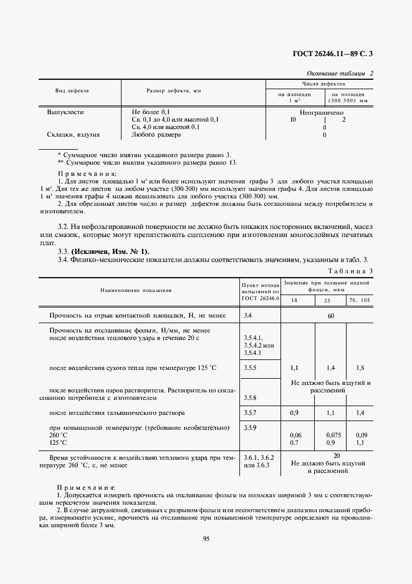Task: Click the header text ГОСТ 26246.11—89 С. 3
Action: click(x=337, y=54)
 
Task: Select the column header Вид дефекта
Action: click(x=72, y=91)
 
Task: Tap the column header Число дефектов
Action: click(x=320, y=84)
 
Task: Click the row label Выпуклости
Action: click(x=65, y=112)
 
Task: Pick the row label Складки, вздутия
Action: click(x=73, y=134)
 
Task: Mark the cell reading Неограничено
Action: click(x=321, y=112)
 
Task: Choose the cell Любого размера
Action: click(x=156, y=134)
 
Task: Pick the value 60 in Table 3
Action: click(x=331, y=316)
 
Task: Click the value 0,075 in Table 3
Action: click(x=331, y=435)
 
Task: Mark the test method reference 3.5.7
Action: click(x=252, y=413)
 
